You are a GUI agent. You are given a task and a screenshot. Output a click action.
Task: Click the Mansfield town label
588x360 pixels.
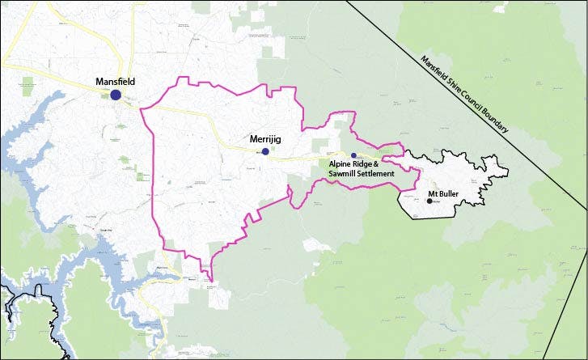114,82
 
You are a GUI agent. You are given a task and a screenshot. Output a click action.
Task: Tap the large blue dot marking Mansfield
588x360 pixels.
116,95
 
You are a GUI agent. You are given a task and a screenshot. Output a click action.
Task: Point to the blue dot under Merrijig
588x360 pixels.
265,151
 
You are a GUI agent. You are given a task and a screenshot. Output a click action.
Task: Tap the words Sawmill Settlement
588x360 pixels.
361,173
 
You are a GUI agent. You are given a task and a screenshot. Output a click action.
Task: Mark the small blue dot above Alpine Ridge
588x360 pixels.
353,155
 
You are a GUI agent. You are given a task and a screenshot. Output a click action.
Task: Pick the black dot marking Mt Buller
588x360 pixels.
429,201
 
